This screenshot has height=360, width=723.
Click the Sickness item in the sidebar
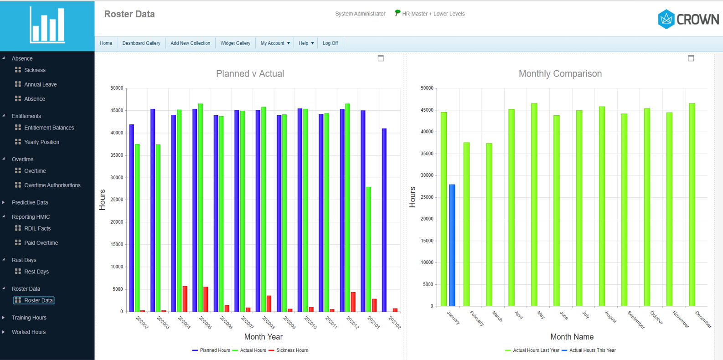tap(35, 70)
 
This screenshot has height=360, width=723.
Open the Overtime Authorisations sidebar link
tap(52, 185)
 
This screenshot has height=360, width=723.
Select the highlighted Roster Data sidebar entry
tap(38, 301)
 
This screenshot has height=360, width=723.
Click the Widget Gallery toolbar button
tap(235, 43)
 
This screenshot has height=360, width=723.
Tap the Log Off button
tap(330, 43)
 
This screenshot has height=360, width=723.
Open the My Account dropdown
tap(275, 43)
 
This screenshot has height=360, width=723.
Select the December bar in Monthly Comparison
tap(692, 205)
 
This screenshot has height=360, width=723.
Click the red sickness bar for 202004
tap(185, 299)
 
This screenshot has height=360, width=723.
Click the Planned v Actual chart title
tap(250, 74)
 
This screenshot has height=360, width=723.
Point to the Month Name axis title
tap(572, 337)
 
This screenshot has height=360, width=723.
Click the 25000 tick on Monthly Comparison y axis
tap(427, 197)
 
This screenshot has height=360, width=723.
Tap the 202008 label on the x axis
tap(268, 322)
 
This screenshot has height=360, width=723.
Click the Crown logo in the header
tap(688, 19)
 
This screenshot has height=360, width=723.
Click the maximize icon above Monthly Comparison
tap(691, 58)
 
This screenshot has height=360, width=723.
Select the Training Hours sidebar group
tap(29, 318)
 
